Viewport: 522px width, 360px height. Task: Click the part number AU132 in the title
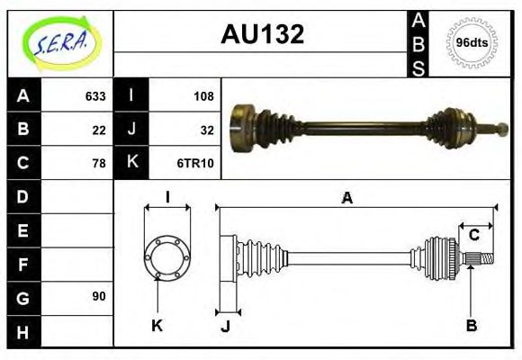coord(262,34)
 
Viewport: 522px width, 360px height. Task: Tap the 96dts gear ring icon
coord(472,42)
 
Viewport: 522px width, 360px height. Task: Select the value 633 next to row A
coord(95,95)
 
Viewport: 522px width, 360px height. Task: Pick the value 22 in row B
coord(99,129)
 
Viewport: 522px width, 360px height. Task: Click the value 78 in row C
coord(99,163)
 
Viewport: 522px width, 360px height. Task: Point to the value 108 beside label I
coord(202,95)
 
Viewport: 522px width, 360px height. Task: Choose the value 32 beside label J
coord(206,129)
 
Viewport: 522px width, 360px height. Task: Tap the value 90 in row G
coord(99,296)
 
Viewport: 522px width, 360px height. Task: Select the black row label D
coord(23,196)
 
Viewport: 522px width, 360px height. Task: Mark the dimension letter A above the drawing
coord(346,198)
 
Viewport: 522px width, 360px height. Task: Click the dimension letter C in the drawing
coord(472,236)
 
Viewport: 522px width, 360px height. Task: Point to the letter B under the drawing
coord(471,325)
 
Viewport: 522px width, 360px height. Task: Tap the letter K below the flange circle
coord(157,325)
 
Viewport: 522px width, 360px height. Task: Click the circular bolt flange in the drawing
coord(167,256)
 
